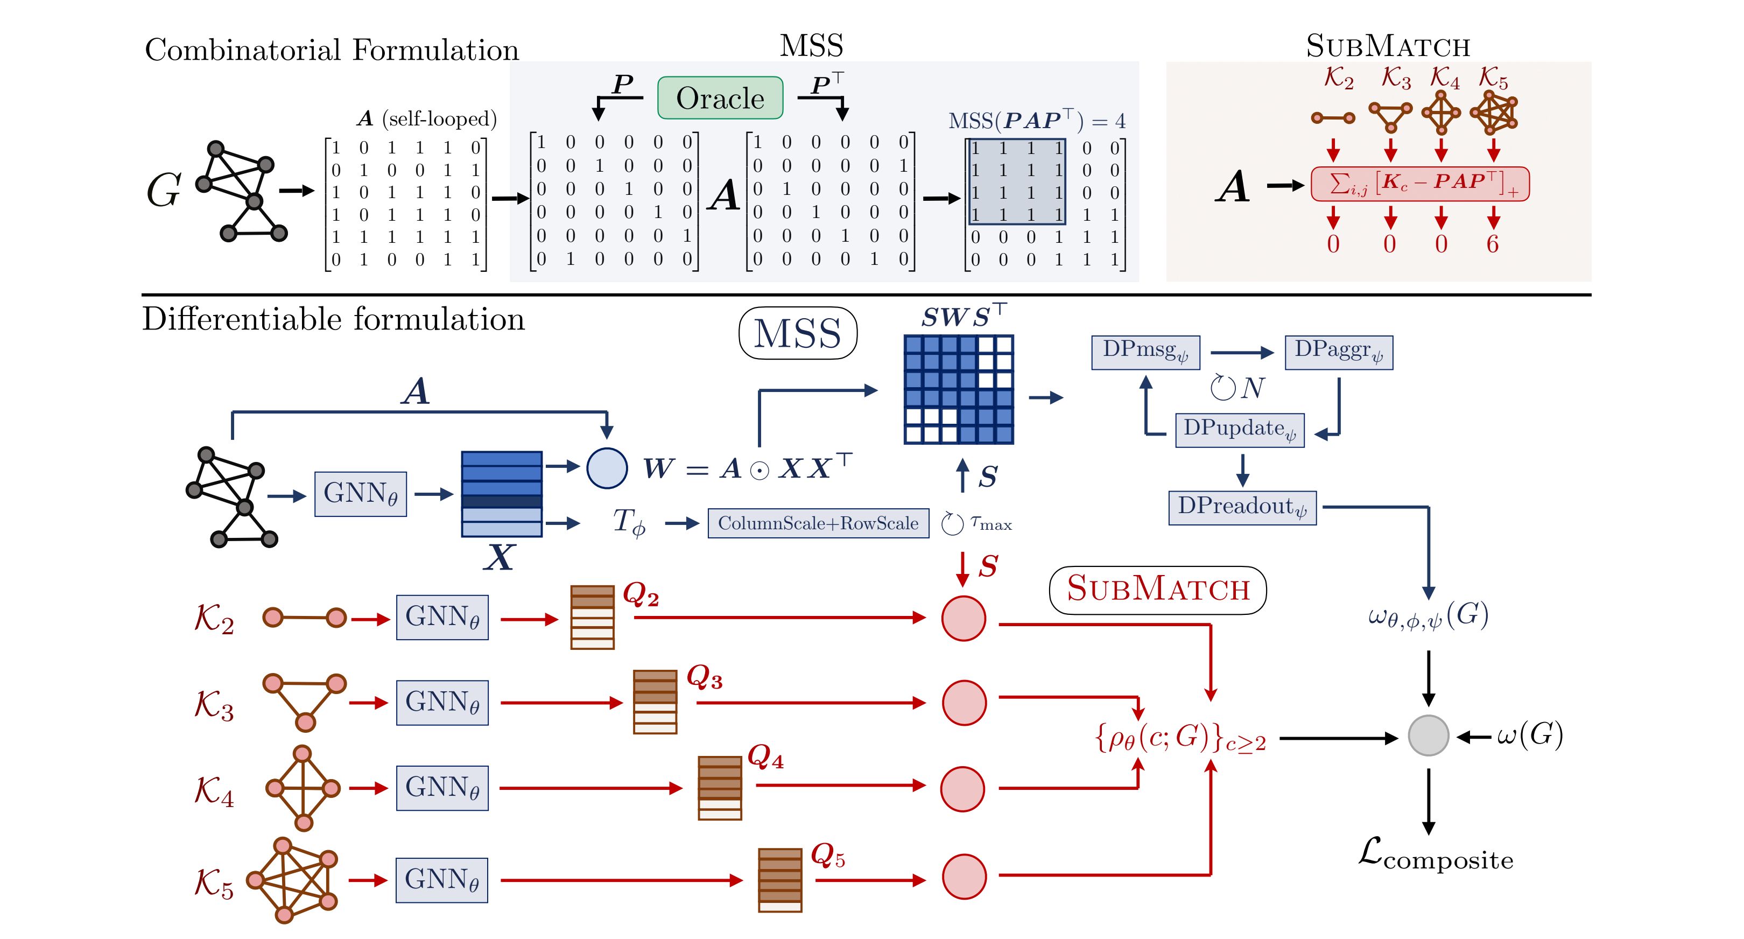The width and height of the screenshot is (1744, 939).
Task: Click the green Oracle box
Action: (x=720, y=98)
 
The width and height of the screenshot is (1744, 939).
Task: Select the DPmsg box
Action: (x=1145, y=353)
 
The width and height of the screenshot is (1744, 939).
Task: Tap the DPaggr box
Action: (x=1339, y=353)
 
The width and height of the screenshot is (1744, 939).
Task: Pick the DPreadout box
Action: (x=1242, y=508)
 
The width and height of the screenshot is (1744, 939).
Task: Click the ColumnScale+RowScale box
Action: (x=818, y=523)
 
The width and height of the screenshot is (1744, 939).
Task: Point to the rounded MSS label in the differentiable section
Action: (x=798, y=333)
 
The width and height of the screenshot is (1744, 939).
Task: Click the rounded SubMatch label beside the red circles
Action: (x=1158, y=590)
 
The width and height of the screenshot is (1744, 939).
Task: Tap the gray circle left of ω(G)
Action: (x=1429, y=736)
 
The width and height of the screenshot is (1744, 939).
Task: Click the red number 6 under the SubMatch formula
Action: (x=1493, y=244)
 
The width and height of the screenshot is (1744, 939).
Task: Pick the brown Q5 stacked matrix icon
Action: (x=780, y=880)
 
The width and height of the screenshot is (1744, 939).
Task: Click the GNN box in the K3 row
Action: (x=442, y=703)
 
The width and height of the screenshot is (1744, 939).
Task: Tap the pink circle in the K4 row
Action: (x=964, y=789)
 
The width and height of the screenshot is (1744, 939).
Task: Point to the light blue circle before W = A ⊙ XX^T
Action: (x=607, y=468)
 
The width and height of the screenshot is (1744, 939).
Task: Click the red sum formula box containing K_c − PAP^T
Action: (x=1420, y=184)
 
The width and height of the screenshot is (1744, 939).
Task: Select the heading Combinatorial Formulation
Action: (x=332, y=50)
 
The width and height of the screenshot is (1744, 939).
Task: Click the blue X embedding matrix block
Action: (x=502, y=494)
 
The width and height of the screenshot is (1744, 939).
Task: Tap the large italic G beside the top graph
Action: (x=164, y=190)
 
